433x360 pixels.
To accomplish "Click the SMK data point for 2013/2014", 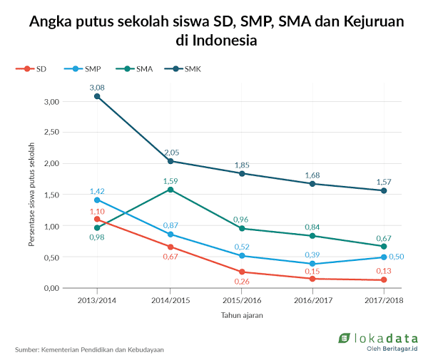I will point(98,96).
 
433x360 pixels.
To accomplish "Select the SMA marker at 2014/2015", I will point(170,189).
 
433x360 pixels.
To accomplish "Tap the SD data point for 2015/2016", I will point(241,272).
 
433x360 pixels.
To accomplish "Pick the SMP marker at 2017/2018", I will point(384,257).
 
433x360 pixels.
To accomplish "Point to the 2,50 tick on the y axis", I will point(51,132).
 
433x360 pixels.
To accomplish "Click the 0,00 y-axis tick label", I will point(51,288).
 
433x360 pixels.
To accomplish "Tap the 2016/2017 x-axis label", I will point(312,300).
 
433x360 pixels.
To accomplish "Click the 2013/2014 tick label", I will point(98,300).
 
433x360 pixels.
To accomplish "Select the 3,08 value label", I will point(98,87).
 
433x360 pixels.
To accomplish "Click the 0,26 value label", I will point(241,282).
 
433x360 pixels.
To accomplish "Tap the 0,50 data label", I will point(397,257).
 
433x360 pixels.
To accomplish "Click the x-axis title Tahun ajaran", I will point(241,314).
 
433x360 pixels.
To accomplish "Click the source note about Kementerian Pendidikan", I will point(89,350).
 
